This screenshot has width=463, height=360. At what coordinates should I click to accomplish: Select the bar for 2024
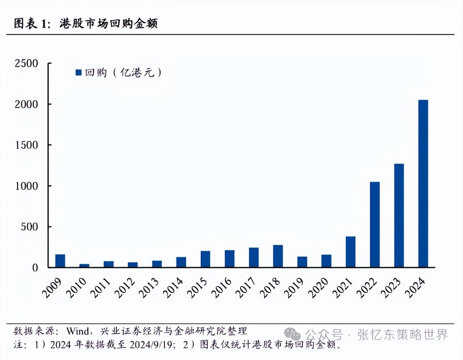pos(423,183)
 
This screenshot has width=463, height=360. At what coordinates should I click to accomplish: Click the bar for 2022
pos(375,224)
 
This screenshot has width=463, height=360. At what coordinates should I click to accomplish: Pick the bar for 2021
pos(350,252)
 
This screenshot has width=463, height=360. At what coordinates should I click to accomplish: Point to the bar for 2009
pos(60,261)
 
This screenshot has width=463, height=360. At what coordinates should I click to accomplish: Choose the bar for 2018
pos(278,256)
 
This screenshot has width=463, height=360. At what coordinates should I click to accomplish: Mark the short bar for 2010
pos(84,265)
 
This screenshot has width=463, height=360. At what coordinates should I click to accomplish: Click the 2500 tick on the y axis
pos(26,64)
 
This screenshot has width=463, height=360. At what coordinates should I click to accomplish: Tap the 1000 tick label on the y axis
pos(26,186)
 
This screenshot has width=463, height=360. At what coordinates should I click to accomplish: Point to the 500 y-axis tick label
pos(29,227)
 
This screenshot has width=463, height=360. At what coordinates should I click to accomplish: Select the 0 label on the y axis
pos(35,268)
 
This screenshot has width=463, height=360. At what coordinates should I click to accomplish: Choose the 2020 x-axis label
pos(318,288)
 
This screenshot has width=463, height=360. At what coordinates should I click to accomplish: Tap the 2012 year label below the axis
pos(125,288)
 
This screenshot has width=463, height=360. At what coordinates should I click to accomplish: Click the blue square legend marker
pos(79,72)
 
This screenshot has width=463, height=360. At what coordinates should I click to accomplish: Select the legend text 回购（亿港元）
pos(123,72)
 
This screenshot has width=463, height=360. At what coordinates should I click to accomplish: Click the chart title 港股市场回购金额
pos(108,23)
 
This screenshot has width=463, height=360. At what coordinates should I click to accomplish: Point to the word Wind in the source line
pos(78,331)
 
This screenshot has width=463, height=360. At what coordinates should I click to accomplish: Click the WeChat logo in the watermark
pos(292,334)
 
